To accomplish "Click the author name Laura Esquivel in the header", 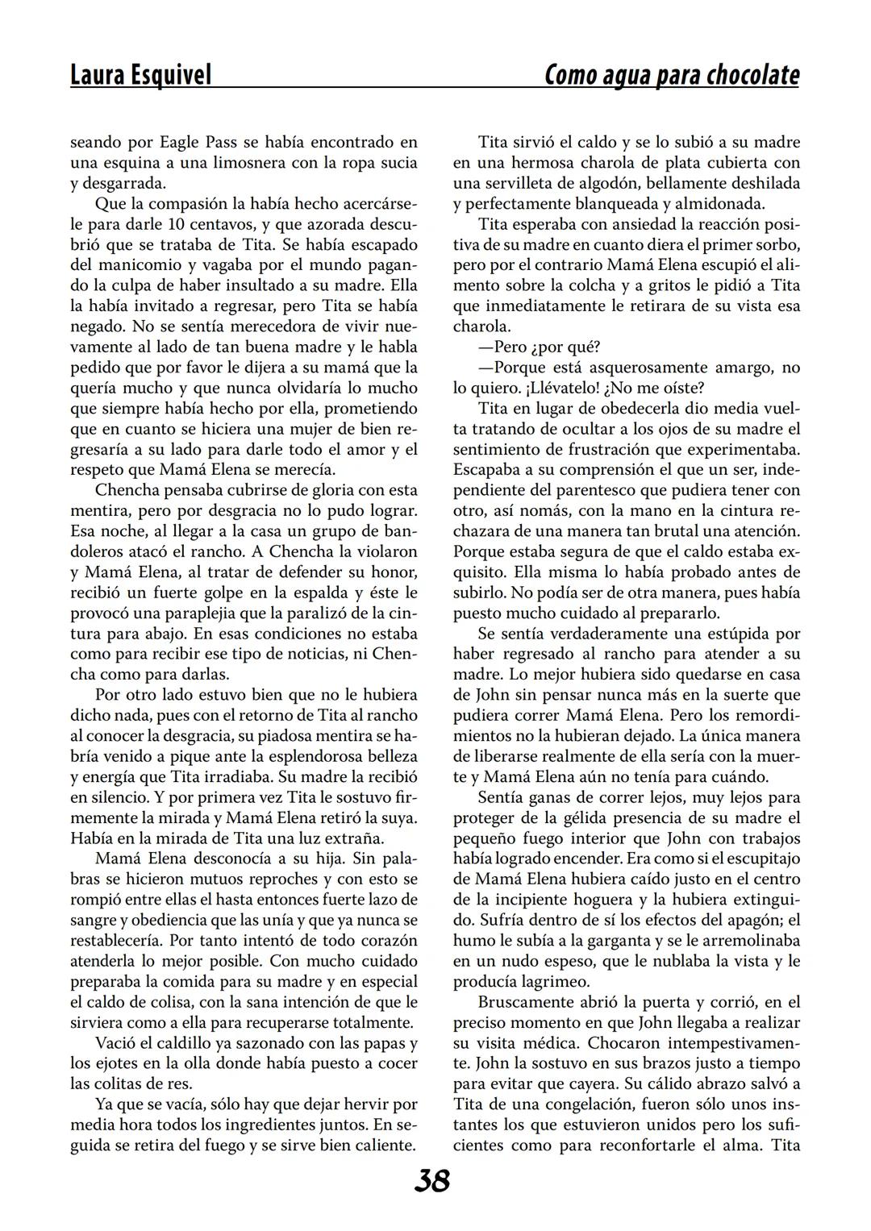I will coord(140,75).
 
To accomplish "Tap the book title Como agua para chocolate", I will coord(672,75).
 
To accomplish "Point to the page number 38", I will coord(432,1182).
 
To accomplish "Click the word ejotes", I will coord(119,1064).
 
